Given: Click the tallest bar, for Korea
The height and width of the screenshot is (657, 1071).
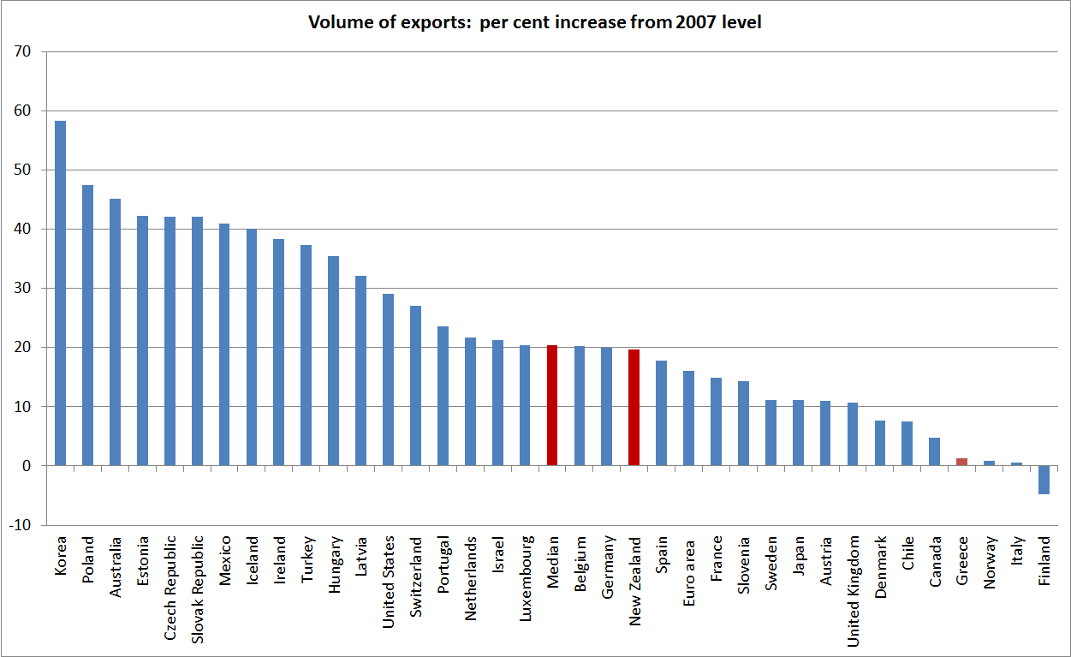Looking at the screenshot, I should pos(60,293).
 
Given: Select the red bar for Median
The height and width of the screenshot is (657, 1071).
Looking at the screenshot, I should pos(552,405).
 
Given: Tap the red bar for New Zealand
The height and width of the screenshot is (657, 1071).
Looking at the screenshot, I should pos(634,408).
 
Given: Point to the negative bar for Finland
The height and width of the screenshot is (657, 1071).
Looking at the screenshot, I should pos(1044,480).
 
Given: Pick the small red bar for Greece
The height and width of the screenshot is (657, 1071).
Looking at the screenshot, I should pos(961,462).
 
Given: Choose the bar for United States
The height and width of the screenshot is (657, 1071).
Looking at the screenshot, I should pos(388,379).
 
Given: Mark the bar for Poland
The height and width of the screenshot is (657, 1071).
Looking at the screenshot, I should pos(87,326).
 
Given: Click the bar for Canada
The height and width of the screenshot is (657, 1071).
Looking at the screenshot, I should pos(935,451).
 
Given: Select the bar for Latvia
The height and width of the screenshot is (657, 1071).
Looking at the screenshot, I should pos(360,370).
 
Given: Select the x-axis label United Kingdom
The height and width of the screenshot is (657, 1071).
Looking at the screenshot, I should pos(853,592).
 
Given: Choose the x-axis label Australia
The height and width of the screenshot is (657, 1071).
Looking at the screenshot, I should pos(116,568).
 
